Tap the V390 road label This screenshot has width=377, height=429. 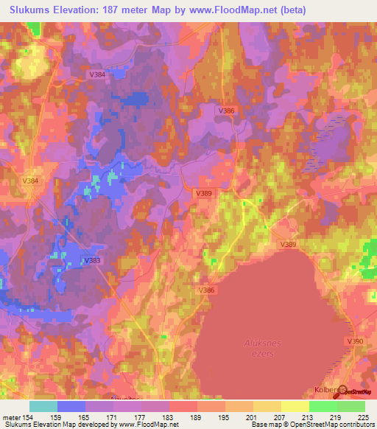[356, 342]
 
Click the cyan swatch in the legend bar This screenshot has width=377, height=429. [43, 406]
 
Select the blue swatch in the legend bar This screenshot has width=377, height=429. [71, 406]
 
